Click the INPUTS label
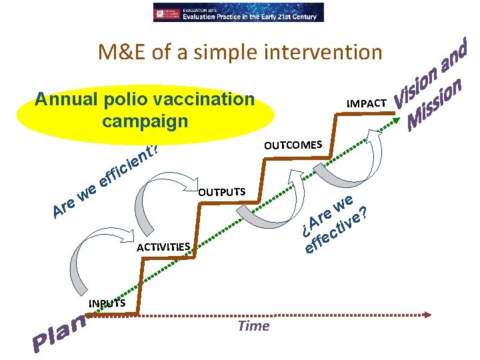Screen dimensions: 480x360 tap(106, 304)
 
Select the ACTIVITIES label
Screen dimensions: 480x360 tap(163, 247)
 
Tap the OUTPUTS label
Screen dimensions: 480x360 tap(222, 193)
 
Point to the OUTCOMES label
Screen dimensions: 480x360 tap(293, 145)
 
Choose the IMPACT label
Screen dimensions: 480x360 tap(366, 103)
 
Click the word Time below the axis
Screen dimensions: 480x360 tap(253, 325)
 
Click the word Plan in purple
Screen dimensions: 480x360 tap(60, 333)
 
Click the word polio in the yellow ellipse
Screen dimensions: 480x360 tap(127, 99)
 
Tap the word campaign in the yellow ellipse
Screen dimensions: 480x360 tap(145, 121)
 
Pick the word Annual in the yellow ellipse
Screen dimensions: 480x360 tap(66, 99)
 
